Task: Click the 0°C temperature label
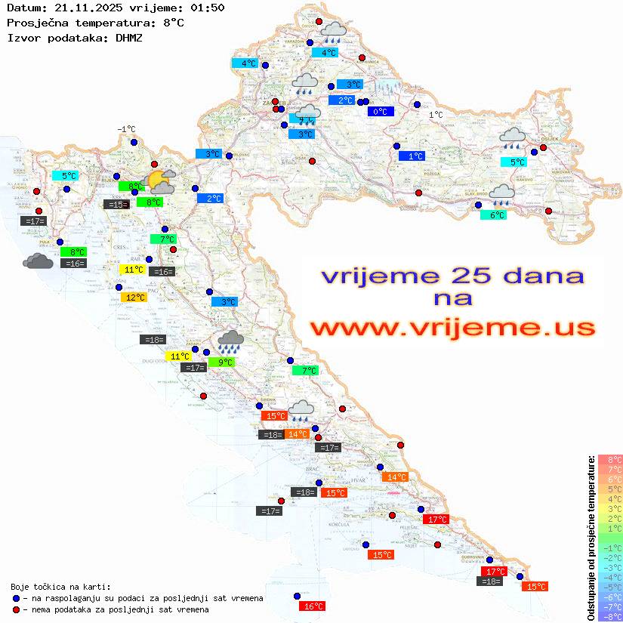(381, 112)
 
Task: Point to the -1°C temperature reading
(126, 129)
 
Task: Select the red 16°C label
(313, 606)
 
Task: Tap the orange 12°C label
(134, 298)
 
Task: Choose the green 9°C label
(224, 362)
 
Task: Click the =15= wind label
(116, 204)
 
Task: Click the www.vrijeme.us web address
(452, 328)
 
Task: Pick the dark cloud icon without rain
(38, 261)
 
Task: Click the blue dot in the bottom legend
(16, 598)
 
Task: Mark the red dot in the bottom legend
(16, 609)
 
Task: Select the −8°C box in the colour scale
(609, 616)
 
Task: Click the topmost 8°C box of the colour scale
(609, 459)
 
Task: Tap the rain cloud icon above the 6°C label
(501, 195)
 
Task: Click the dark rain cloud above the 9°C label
(230, 341)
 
